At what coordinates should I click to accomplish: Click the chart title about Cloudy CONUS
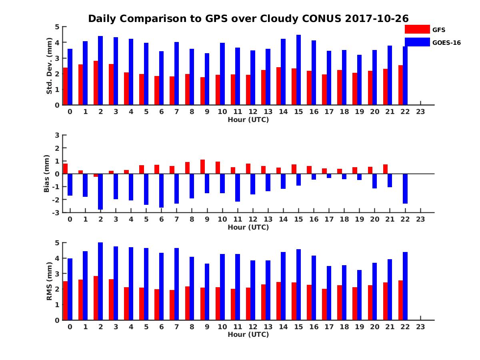coord(248,19)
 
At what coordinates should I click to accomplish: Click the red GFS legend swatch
coord(417,29)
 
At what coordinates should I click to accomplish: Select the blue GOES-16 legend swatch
coord(417,42)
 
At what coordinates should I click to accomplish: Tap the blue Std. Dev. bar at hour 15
coord(298,70)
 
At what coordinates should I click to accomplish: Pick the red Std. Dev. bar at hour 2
coord(96,83)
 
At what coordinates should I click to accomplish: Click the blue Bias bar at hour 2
coord(100,191)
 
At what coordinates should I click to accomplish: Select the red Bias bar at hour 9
coord(202,167)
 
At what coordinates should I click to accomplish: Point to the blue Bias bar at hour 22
coord(405,188)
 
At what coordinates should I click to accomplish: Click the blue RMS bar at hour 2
coord(100,281)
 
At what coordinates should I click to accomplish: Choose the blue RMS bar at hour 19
coord(359,295)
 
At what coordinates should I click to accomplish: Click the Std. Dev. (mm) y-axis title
coord(49,66)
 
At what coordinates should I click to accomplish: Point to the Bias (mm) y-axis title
coord(47,174)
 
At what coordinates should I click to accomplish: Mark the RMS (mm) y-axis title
coord(49,282)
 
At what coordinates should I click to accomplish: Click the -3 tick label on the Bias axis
coord(56,212)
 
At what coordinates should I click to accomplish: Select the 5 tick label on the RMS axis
coord(57,242)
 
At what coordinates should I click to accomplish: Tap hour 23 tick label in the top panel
coord(420,112)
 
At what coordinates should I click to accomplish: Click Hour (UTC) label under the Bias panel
coord(248,227)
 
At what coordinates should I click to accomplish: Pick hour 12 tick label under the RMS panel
coord(253,327)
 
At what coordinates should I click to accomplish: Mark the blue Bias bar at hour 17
coord(329,176)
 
